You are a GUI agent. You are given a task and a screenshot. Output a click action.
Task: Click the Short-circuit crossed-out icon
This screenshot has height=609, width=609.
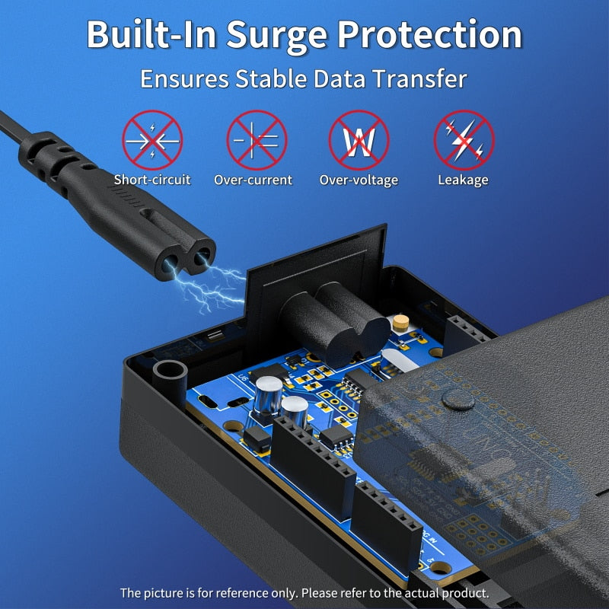coord(152,141)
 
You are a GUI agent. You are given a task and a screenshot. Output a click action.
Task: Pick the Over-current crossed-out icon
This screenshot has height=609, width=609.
coord(257,141)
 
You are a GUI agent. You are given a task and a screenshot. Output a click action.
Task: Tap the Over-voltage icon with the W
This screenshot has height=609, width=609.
coord(359,141)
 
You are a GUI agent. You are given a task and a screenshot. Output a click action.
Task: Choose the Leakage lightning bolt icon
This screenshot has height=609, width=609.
coord(464,141)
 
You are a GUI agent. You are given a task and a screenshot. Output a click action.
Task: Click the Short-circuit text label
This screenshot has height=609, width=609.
coord(152,180)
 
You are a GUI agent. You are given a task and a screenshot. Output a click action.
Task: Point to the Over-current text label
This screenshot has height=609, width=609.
coord(253,180)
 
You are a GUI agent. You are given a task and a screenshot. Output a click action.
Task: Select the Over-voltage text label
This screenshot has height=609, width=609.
coord(359,180)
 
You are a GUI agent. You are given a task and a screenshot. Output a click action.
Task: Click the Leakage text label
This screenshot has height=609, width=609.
coord(463,180)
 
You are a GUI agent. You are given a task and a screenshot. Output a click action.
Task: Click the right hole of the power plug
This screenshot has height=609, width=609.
coord(202,260)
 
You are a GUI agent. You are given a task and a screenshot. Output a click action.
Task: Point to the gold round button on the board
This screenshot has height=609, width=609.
coord(400,322)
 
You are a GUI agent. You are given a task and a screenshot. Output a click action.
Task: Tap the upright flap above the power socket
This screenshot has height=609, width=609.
coord(320,259)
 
